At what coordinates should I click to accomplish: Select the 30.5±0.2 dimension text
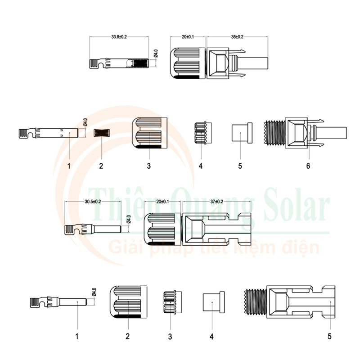pyautogui.click(x=93, y=202)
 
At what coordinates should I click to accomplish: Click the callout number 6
pyautogui.click(x=308, y=166)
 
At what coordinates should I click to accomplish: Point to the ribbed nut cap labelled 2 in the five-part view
pyautogui.click(x=128, y=302)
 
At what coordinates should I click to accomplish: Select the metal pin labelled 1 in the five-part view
pyautogui.click(x=67, y=301)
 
